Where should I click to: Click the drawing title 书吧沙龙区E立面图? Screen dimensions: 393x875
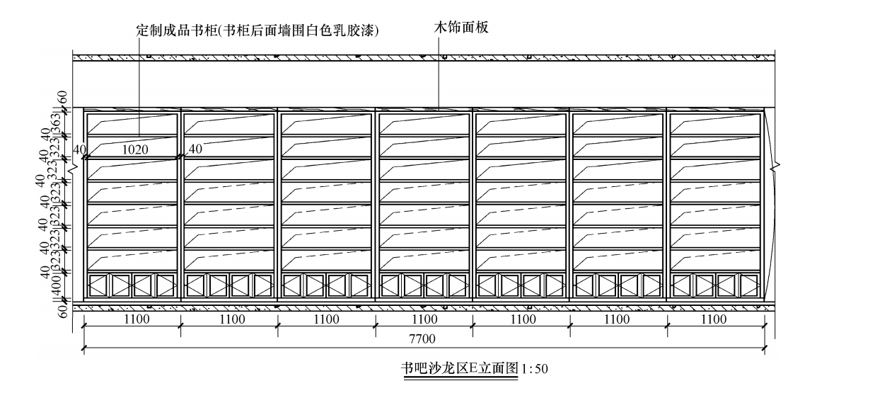coord(460,368)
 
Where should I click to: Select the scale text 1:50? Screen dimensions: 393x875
coord(535,369)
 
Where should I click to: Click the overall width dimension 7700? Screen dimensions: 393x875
coord(424,339)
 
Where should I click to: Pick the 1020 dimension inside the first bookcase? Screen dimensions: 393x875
coord(135,149)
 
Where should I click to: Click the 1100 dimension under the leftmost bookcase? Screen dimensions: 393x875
coord(137,319)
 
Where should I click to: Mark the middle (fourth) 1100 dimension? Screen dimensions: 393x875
coord(424,319)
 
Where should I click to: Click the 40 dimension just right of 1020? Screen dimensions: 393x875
coord(195,149)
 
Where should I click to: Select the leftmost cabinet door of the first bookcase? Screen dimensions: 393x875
coord(97,285)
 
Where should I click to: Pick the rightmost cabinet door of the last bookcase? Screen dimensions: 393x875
coord(748,285)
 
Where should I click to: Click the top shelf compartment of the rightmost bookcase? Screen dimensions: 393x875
coord(715,123)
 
